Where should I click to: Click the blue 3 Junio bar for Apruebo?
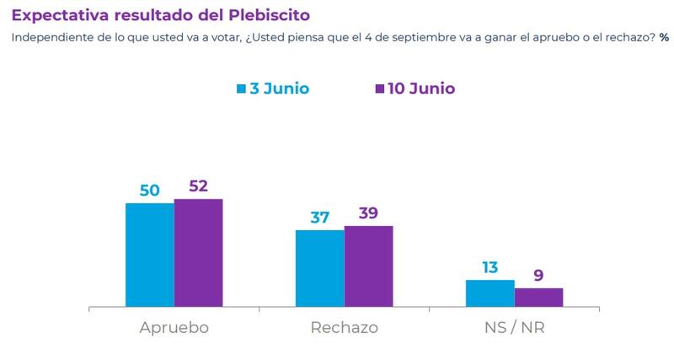pos(150,255)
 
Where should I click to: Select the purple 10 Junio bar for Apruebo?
pos(198,253)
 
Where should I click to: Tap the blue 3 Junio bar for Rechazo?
pos(319,268)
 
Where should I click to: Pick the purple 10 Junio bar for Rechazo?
pos(368,266)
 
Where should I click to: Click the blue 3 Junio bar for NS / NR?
pos(489,293)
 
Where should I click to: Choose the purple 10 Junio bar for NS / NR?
pos(538,298)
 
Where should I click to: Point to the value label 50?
pos(150,191)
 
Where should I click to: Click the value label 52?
pos(198,186)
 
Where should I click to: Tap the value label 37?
pos(319,218)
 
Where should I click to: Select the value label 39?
pos(368,213)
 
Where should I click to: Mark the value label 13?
pos(489,268)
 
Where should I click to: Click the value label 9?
pos(538,276)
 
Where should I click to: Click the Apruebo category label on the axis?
pos(174,327)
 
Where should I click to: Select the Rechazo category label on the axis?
pos(344,327)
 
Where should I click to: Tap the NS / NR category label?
pos(514,327)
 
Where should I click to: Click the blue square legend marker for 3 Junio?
pos(241,89)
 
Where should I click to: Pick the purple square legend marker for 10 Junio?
pos(379,89)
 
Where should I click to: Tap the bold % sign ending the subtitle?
pos(664,37)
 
